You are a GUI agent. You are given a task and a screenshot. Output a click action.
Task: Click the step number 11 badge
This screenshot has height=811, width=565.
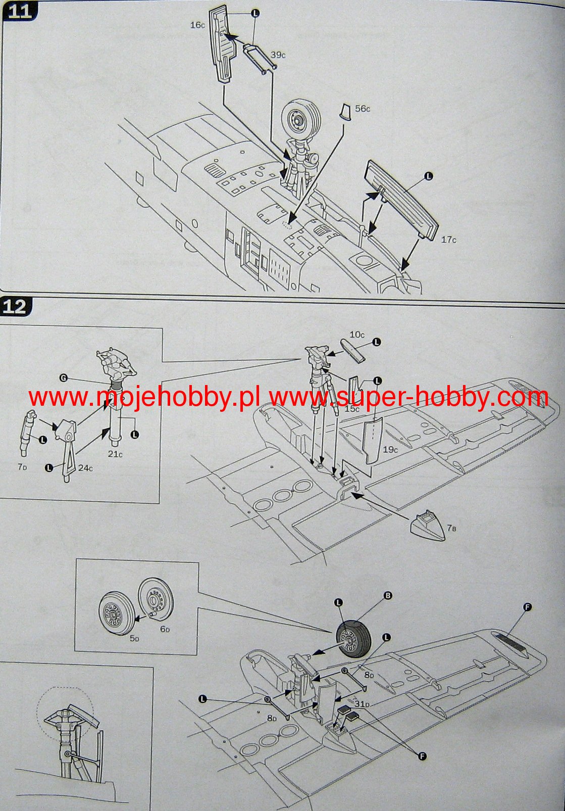point(20,11)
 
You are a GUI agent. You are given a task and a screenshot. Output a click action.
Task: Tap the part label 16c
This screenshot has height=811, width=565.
point(197,25)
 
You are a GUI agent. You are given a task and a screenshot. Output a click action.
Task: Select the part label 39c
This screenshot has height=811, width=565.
point(278,55)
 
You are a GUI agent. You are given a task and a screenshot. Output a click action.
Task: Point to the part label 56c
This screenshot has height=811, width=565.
point(363,109)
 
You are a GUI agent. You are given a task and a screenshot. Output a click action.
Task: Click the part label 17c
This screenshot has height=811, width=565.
point(448,240)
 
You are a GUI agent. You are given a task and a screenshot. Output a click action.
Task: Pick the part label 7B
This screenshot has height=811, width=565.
point(451,529)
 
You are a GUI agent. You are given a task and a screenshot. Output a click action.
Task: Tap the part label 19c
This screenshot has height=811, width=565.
point(390,449)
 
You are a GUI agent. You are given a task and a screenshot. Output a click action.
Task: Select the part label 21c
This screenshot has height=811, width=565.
point(115,454)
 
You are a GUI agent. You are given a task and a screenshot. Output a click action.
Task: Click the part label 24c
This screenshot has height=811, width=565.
point(85,468)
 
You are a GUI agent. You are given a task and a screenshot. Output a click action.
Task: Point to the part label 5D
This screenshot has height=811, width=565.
point(134,639)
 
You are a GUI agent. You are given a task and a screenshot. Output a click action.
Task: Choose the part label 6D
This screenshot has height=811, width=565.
point(165,629)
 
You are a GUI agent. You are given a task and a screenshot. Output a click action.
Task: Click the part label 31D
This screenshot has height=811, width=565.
point(362,704)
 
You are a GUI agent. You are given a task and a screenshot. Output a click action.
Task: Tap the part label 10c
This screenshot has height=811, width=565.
point(357,335)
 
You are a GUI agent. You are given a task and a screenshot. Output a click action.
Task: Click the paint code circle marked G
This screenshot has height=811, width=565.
point(63,377)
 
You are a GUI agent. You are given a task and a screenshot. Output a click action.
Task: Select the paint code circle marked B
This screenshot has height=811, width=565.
point(388,596)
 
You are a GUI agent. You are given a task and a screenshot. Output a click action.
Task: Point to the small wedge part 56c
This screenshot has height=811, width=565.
point(345,112)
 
